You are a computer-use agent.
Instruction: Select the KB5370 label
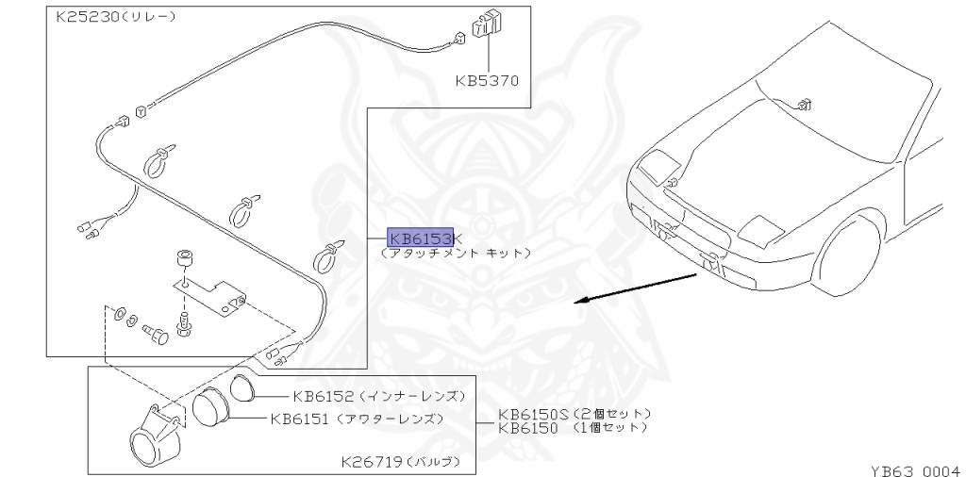pyautogui.click(x=487, y=81)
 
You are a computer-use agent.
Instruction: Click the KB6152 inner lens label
pyautogui.click(x=323, y=396)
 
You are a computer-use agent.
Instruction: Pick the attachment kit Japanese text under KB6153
pyautogui.click(x=456, y=254)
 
